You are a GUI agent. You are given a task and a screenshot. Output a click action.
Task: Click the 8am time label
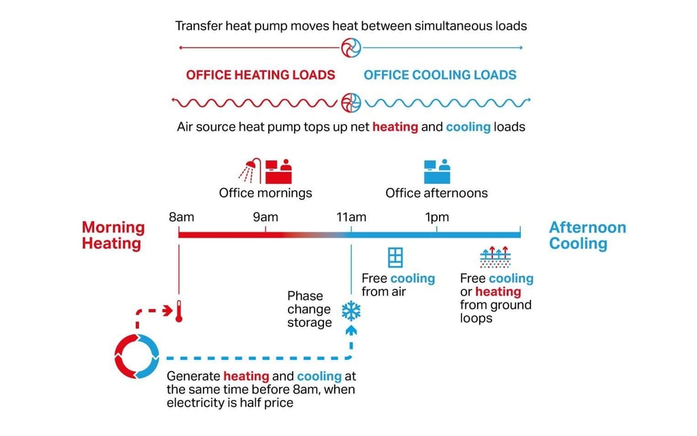pos(181,217)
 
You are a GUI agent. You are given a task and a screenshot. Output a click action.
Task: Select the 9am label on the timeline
pos(265,217)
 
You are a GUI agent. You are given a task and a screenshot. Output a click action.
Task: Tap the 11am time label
pos(351,217)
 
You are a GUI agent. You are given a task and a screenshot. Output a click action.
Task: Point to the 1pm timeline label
pos(437,217)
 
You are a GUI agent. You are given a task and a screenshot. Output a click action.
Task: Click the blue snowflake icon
pos(351,311)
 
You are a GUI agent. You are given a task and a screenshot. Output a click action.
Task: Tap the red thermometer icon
pos(179,311)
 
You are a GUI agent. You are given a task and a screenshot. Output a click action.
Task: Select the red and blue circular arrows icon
pos(137,356)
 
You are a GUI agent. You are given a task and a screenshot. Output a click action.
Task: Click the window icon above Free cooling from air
pos(395,258)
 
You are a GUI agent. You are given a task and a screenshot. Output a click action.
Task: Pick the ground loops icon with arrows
pos(495,258)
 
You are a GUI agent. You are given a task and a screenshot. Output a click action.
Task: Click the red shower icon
pos(250,170)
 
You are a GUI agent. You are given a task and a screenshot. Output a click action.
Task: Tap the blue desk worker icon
pos(436,171)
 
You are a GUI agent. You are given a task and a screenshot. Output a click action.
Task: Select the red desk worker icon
pos(278,171)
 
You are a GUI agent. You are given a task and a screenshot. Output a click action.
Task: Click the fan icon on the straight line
pos(351,48)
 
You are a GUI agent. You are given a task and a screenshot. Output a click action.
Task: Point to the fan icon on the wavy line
pos(351,103)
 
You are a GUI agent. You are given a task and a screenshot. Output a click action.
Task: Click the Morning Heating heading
pos(113,235)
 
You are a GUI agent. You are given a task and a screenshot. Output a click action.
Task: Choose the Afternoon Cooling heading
pos(587,235)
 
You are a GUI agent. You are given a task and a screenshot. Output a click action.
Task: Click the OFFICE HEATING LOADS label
pos(261,75)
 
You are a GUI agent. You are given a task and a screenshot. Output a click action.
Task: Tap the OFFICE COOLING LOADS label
pos(440,75)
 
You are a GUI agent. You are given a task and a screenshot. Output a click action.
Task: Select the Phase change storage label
pos(309,309)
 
